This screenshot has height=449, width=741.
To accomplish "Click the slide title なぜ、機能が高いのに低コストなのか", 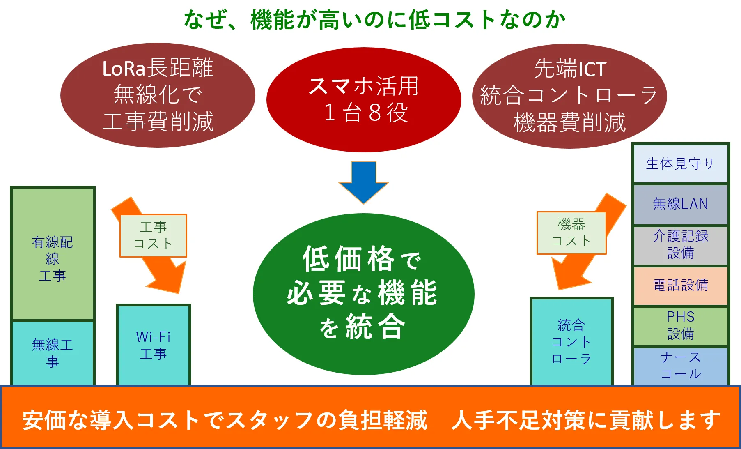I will pos(374,19).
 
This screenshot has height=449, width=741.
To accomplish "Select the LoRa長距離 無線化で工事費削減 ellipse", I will pos(158,95).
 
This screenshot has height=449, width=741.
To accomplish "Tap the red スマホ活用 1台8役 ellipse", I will pos(364,100).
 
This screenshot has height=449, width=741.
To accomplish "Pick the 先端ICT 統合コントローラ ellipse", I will pos(569,96).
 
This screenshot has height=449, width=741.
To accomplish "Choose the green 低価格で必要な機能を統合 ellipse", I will pos(363,294).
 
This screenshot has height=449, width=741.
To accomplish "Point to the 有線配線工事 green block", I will pos(53,253).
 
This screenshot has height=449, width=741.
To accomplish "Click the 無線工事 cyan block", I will pos(53,352).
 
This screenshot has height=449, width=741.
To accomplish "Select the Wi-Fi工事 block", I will pos(153,345).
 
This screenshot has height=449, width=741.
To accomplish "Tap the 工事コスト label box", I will pos(153,236).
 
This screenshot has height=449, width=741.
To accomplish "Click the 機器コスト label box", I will pos(571,233).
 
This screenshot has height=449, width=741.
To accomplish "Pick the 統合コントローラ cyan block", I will pos(571,341).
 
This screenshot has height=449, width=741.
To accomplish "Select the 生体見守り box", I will pos(680,163).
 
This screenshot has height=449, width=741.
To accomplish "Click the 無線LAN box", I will pos(680,204).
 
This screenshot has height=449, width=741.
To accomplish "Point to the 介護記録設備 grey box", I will pos(680,245).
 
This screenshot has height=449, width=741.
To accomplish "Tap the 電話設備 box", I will pos(680,285).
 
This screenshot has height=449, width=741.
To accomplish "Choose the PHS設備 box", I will pos(680,325).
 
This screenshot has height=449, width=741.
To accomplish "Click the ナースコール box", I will pos(680,366).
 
